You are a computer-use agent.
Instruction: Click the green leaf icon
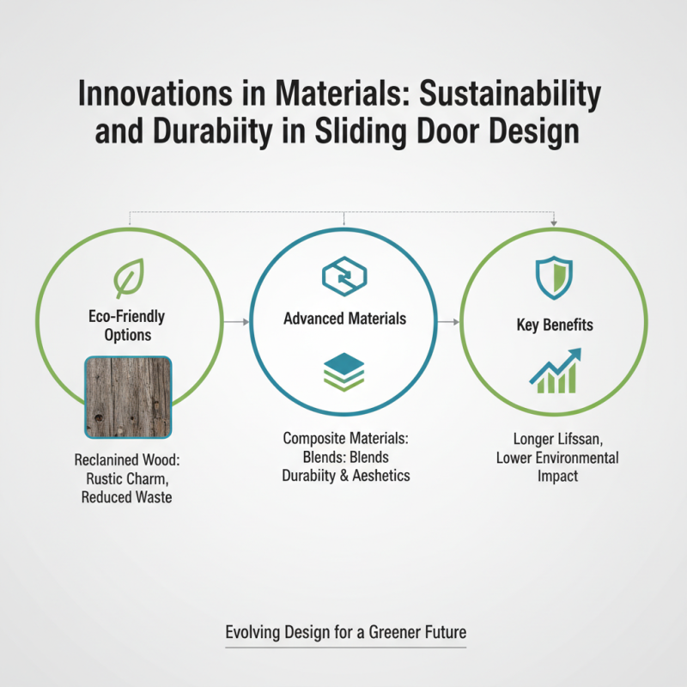(x=129, y=278)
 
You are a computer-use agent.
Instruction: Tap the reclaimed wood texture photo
(x=128, y=397)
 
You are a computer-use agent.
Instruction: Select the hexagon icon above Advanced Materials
(x=343, y=276)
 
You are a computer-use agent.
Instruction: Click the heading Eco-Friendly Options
(x=128, y=325)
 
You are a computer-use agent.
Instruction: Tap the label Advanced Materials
(x=344, y=319)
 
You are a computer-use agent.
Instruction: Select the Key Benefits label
(x=554, y=326)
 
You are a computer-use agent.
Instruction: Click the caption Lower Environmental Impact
(x=557, y=466)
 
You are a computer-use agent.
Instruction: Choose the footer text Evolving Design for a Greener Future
(x=344, y=633)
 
